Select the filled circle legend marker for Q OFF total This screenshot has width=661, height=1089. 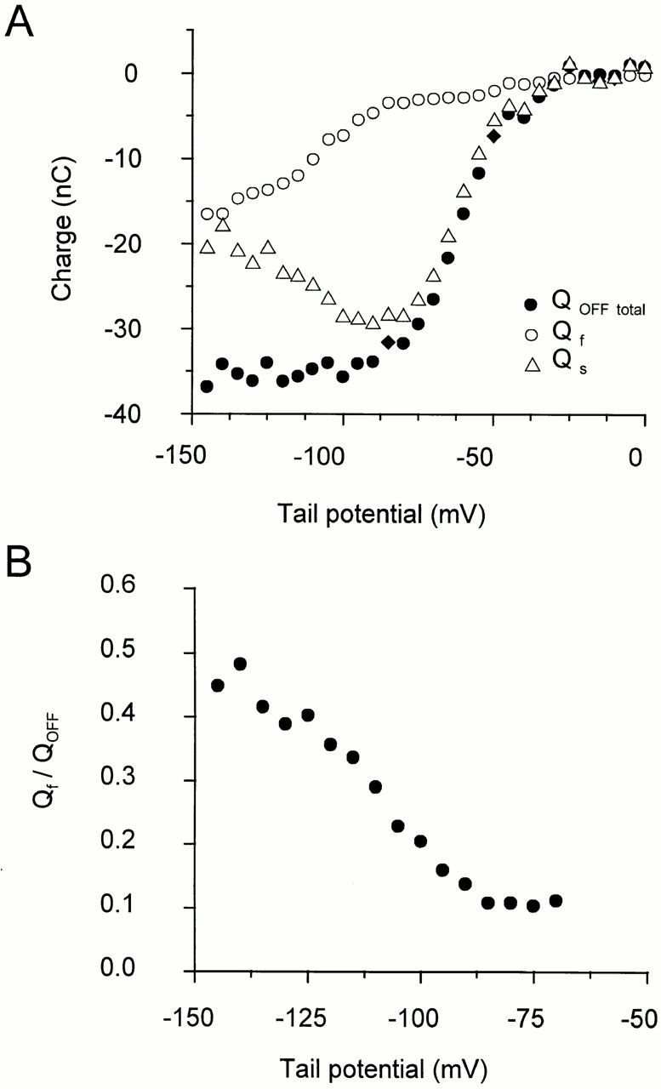coord(532,305)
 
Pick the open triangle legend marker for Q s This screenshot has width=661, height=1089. coord(532,365)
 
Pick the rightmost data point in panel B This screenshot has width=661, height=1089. coord(556,900)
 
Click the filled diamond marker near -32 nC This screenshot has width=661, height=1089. coord(388,342)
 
